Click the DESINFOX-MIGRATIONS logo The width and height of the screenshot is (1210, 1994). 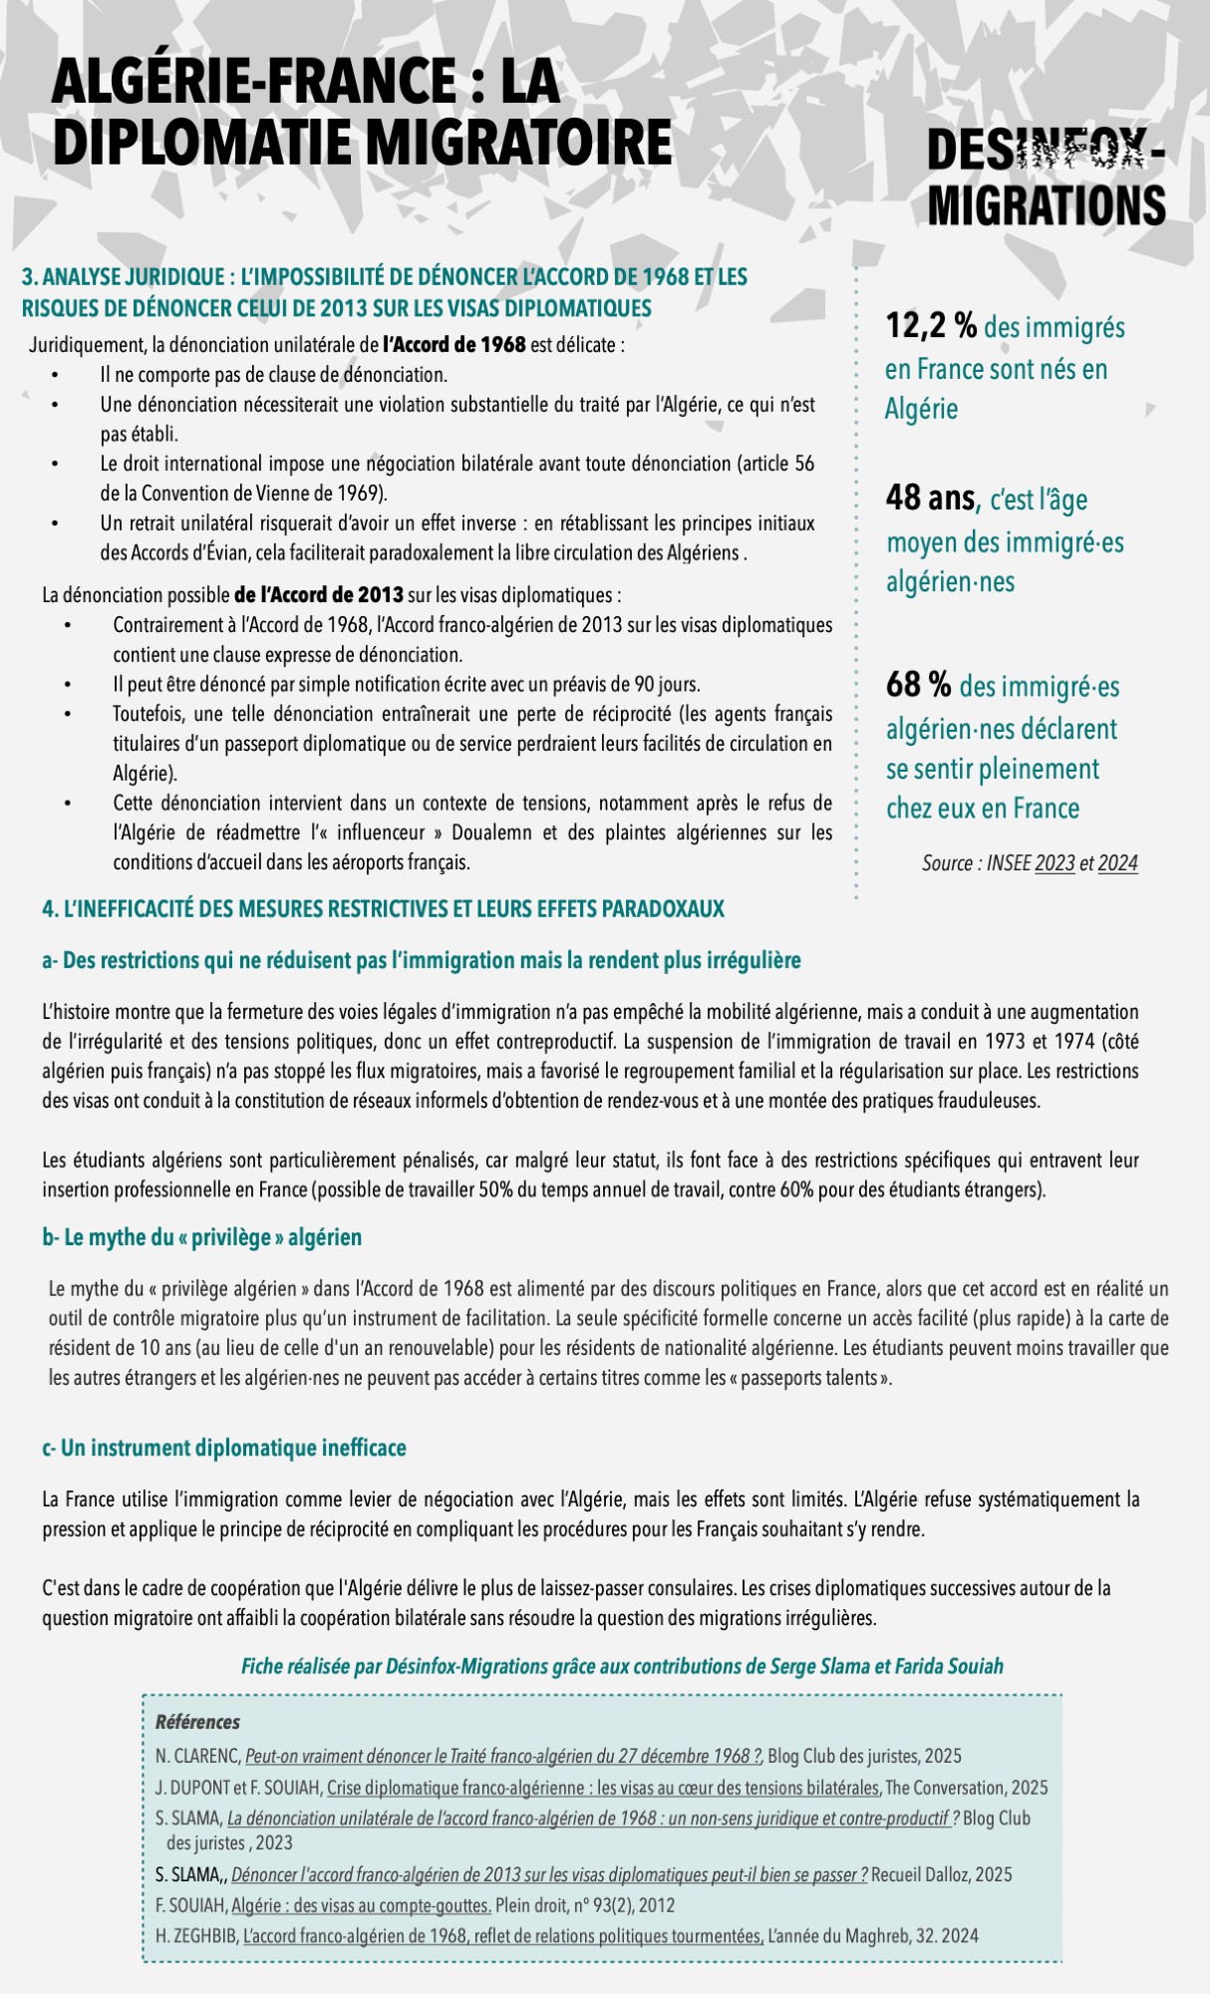[1046, 178]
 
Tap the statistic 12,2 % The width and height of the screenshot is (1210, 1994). [931, 325]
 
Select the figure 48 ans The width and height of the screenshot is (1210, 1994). [930, 498]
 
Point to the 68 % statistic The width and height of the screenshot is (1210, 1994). [918, 685]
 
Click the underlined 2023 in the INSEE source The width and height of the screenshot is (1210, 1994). [1055, 863]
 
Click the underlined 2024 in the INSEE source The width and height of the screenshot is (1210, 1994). [1117, 863]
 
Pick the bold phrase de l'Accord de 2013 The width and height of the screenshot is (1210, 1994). [319, 596]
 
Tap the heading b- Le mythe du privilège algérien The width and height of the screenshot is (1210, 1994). [202, 1237]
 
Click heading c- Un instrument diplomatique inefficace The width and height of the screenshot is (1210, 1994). [224, 1448]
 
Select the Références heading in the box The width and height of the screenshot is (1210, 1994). [197, 1722]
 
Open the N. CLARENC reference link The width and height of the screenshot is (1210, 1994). [503, 1757]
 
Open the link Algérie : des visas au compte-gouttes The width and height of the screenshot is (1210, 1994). [361, 1905]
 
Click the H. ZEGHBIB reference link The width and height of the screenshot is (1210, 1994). [503, 1936]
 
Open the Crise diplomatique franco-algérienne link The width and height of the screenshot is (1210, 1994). [603, 1788]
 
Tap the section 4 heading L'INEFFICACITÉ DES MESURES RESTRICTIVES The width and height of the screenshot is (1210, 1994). [384, 909]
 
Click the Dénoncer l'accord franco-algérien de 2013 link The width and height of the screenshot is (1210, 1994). [549, 1874]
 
